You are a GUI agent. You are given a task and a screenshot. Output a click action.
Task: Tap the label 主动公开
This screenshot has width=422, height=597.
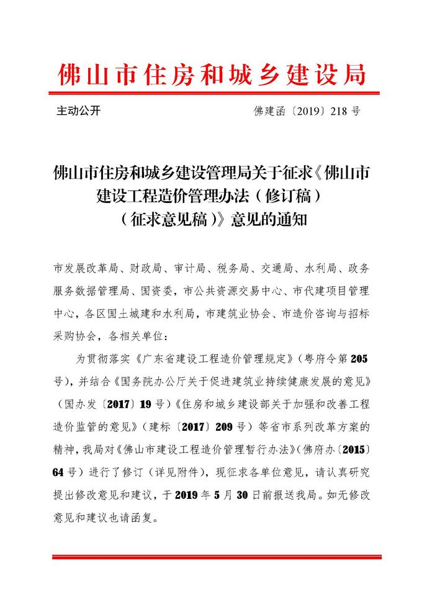pyautogui.click(x=78, y=111)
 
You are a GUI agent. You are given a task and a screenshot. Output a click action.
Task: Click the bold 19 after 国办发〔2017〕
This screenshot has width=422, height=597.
pyautogui.click(x=146, y=404)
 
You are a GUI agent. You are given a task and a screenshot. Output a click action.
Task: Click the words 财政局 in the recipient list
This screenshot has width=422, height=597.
pyautogui.click(x=145, y=269)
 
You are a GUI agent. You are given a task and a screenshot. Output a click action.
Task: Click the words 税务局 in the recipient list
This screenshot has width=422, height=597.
pyautogui.click(x=233, y=269)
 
